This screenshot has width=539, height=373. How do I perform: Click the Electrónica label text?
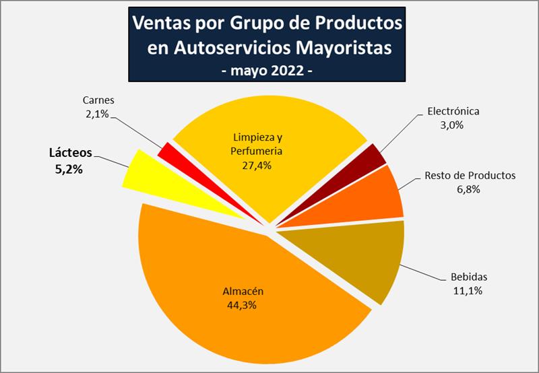tap(457, 112)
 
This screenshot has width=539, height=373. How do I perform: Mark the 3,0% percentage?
tap(457, 125)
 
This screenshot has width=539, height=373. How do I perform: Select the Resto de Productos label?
tap(470, 176)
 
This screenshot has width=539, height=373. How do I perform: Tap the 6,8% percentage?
tap(470, 189)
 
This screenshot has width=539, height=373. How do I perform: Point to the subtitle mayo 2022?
tap(267, 71)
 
